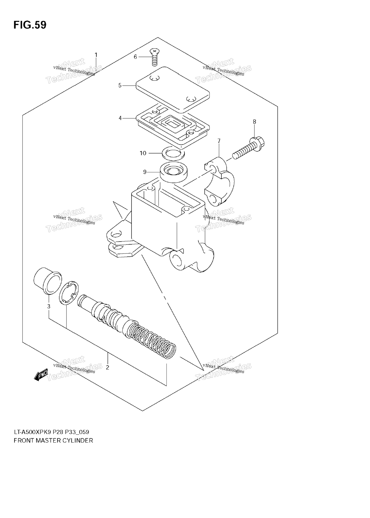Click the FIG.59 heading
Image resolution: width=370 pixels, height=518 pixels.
[x=30, y=25]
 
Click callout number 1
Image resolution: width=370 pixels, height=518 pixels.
[x=96, y=55]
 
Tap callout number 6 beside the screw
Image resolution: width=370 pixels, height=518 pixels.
[x=135, y=57]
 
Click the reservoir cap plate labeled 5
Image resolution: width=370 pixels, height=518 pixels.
[x=173, y=90]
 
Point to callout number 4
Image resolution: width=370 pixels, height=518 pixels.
[x=120, y=118]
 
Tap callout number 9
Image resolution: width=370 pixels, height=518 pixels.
[x=145, y=172]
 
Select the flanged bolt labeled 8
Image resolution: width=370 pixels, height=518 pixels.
[x=249, y=147]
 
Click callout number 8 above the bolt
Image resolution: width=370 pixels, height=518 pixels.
[x=254, y=122]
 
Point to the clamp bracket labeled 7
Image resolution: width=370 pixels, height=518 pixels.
[x=219, y=182]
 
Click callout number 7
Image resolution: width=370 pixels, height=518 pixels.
[x=219, y=141]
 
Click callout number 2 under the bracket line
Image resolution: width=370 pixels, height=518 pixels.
[x=108, y=367]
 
